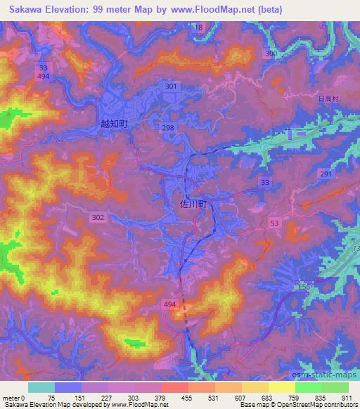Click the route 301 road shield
tap(170, 86)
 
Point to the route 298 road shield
tap(167, 126)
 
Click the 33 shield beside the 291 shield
tap(264, 181)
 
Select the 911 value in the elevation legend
tap(345, 398)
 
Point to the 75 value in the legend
tap(51, 398)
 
